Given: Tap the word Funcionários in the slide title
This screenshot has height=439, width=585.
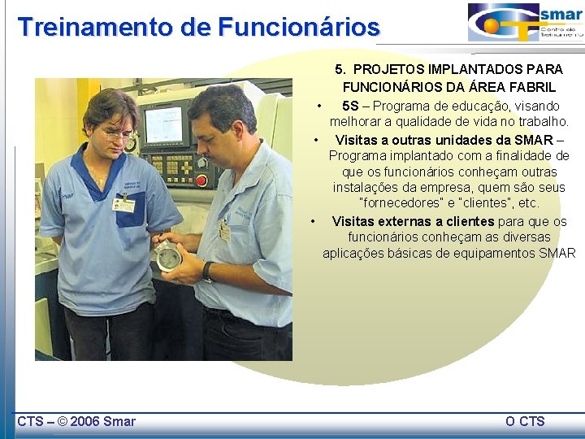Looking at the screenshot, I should point(298,27).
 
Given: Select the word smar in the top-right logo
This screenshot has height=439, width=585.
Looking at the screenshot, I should point(561,15).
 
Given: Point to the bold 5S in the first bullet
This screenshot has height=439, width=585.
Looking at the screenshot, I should point(350,106).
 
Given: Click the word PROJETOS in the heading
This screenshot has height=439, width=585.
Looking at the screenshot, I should point(393,69).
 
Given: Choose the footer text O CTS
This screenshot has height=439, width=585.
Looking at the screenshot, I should point(525,421).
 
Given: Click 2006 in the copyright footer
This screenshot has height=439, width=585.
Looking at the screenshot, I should point(85,421).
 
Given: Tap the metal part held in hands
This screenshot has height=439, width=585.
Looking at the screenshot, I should point(168,254).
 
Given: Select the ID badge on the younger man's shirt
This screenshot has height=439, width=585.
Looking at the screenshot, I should point(124,204).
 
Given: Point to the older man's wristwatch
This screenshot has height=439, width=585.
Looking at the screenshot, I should point(208,272).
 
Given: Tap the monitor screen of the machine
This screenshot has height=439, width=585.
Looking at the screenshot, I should point(162,125).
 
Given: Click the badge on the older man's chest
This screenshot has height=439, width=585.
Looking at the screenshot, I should point(224,230).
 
